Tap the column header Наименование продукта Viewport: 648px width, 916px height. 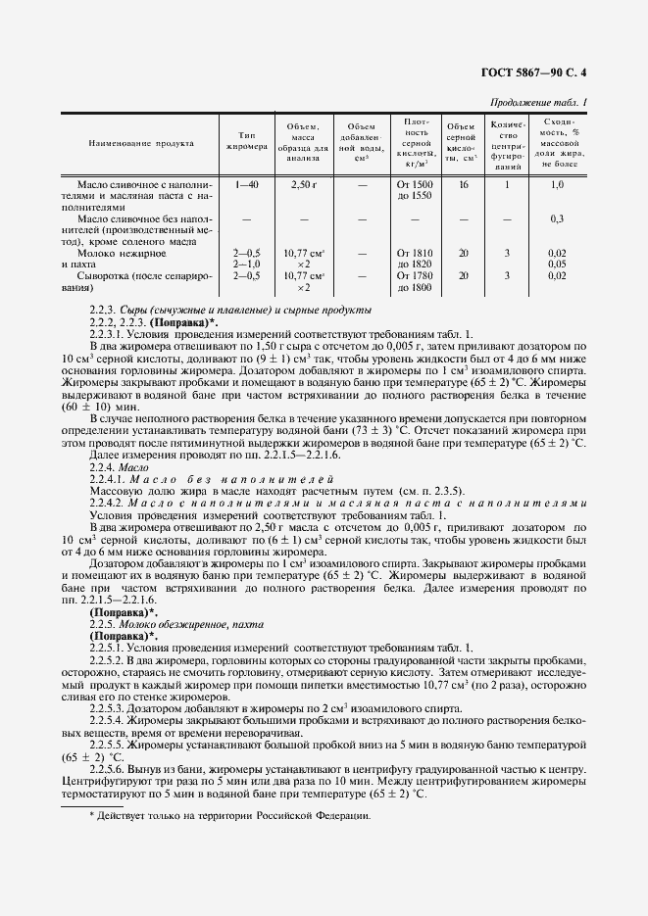[141, 143]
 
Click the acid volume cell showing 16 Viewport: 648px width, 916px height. [463, 184]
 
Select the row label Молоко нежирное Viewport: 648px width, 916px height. [125, 253]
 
